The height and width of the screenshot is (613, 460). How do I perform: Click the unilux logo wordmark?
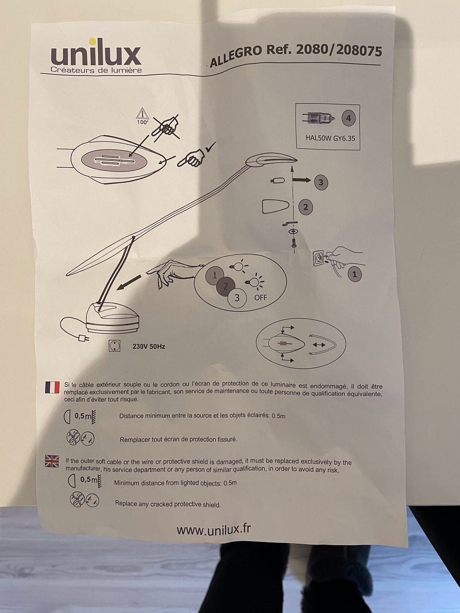tap(96, 56)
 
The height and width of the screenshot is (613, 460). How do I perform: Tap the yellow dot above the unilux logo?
tap(92, 42)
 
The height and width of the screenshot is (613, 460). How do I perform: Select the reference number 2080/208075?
tap(338, 50)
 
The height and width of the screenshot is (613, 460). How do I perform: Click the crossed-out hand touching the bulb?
tap(166, 127)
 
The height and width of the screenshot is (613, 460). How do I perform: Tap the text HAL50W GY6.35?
tap(330, 138)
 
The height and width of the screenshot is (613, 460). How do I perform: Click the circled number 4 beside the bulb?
tap(348, 118)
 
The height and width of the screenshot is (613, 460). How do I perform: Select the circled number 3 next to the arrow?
tap(321, 182)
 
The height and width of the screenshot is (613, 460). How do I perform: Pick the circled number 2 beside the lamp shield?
tap(306, 207)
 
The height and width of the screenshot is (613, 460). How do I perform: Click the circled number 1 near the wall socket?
tap(355, 274)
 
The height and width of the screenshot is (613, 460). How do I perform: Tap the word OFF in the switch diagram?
tap(260, 298)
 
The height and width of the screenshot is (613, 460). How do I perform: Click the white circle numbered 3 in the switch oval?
tap(237, 298)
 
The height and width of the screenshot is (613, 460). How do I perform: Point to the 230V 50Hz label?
tap(149, 347)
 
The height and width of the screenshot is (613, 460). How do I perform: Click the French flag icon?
tap(52, 387)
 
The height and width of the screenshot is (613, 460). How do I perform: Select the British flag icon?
tap(52, 461)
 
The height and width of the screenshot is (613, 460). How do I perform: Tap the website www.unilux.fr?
tap(214, 530)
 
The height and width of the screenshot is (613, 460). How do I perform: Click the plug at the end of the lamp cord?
tap(84, 339)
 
